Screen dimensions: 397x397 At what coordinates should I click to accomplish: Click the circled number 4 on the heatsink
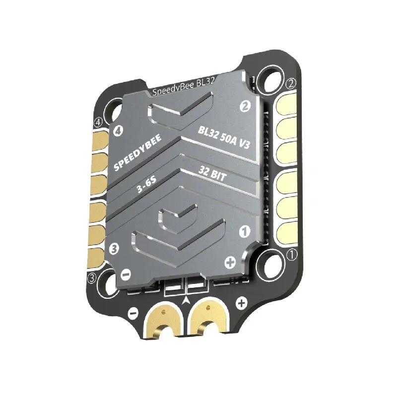[x=118, y=131]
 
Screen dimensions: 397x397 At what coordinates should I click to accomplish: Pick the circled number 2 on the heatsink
[x=244, y=105]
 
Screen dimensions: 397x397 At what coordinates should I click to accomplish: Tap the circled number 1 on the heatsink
[x=244, y=230]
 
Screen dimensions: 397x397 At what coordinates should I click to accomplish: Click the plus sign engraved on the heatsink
[x=230, y=262]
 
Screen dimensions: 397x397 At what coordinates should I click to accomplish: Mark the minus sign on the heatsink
[x=126, y=273]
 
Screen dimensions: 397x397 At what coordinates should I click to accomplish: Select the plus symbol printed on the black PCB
[x=241, y=302]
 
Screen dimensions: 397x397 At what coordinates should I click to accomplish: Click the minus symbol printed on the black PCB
[x=133, y=314]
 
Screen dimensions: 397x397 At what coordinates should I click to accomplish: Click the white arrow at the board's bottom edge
[x=186, y=299]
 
